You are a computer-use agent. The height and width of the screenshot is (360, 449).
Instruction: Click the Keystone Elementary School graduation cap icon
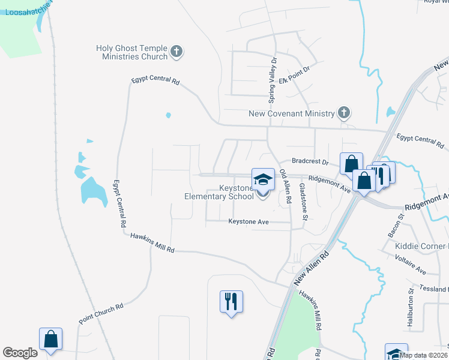pos(262,179)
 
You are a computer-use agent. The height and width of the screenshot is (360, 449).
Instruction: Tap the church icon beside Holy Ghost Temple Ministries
pos(176,52)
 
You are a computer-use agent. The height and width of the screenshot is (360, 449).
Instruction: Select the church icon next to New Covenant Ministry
pos(343,112)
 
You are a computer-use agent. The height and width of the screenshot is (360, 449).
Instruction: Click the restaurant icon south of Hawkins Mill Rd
pos(231,301)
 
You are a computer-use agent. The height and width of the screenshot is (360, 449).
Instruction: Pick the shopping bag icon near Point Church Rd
pos(51,339)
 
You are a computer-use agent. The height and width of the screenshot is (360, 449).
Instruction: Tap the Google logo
pos(20,353)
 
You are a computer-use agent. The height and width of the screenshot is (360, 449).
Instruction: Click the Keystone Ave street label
pos(247,222)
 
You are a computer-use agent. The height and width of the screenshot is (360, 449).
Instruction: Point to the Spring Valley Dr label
pos(272,79)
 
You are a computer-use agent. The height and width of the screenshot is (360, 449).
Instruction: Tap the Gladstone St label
pos(304,202)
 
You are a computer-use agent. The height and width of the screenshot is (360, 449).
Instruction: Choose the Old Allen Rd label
pos(285,187)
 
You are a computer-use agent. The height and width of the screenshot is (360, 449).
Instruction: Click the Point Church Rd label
pos(101,314)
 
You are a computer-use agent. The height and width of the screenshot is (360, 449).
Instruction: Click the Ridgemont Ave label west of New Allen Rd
pos(330,183)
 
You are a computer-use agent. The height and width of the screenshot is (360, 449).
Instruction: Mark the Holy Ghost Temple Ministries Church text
pos(132,52)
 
